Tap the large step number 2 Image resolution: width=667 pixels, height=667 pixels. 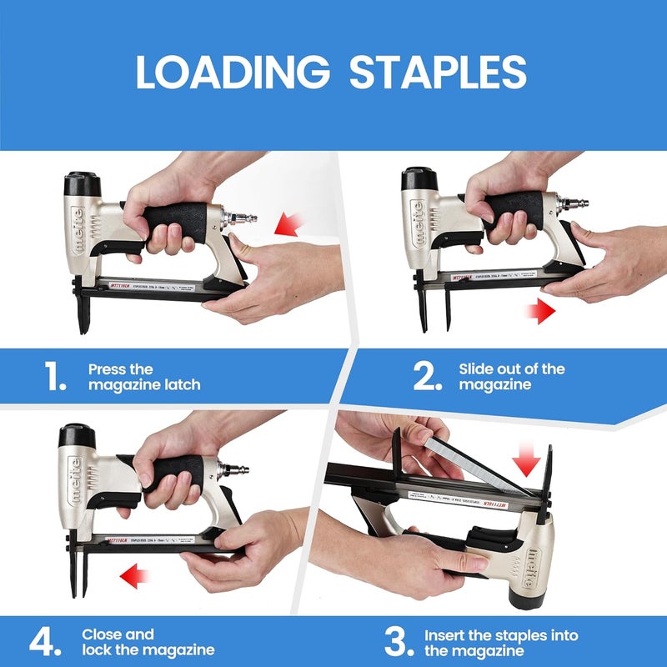coord(427,377)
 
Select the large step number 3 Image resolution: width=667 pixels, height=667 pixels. coord(398,642)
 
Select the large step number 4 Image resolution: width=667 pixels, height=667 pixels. coord(43,642)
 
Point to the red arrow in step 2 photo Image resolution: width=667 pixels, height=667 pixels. coord(540,313)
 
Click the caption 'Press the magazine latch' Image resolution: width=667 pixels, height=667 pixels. coord(144,377)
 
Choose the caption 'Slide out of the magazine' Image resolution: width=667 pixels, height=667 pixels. coord(511,377)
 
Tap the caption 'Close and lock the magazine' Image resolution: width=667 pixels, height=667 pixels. coord(148,642)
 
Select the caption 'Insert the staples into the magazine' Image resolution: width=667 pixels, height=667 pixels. coord(500,642)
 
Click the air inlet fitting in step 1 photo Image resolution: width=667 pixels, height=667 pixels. coord(242,219)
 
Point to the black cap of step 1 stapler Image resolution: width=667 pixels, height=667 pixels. coord(83,183)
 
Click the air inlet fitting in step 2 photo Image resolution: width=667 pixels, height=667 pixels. coord(574,203)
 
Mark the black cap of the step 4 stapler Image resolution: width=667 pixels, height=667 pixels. coord(76,436)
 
